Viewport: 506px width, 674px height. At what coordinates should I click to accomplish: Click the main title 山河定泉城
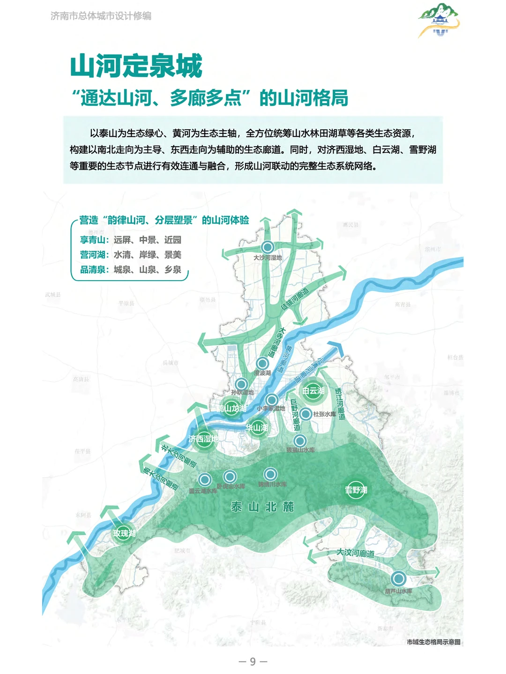pos(136,66)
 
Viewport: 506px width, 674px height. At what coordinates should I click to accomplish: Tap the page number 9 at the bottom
pos(253,661)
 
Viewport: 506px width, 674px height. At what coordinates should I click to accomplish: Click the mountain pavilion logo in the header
pos(439,21)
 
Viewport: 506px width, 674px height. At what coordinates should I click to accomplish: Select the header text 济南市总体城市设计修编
pos(101,16)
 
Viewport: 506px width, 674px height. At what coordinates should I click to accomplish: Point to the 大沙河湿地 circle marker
pos(268,247)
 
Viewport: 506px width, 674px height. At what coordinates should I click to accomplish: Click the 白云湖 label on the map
pos(313,391)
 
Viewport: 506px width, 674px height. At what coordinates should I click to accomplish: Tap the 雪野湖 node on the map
pos(356,490)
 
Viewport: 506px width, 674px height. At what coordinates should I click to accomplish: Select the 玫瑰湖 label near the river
pos(124,533)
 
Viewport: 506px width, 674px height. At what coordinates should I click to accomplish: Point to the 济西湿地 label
pos(203,439)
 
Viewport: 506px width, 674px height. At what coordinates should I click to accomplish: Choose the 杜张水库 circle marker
pos(305,414)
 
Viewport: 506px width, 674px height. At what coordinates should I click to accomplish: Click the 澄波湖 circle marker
pos(262,363)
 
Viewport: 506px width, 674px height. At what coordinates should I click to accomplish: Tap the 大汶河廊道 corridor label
pos(356,553)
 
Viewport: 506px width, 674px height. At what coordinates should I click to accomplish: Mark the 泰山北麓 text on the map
pos(262,507)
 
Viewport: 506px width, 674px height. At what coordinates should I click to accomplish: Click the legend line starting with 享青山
pos(130,240)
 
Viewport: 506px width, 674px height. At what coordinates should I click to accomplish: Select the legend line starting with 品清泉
pos(130,269)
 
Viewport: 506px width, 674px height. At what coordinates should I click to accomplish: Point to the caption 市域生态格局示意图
pos(433,642)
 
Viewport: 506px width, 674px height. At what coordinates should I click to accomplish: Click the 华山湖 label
pos(257,427)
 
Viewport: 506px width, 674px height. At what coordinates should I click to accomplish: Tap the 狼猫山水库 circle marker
pos(300,440)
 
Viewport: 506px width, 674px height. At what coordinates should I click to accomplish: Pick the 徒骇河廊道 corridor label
pos(295,299)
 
